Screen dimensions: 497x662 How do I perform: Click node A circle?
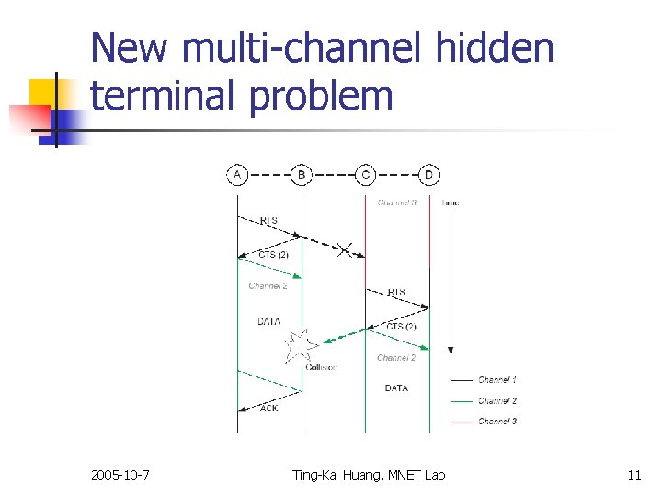point(237,174)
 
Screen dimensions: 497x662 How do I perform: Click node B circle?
point(301,174)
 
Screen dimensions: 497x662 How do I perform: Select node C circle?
point(366,174)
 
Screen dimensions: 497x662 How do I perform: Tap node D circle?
point(429,174)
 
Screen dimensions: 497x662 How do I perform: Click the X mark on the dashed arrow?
point(344,249)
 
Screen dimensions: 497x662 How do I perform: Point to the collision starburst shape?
point(300,346)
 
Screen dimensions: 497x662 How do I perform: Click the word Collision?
point(321,367)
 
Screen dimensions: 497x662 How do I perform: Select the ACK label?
point(268,408)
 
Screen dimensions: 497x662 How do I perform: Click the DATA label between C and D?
point(396,388)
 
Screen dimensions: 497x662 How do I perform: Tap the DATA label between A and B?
point(268,321)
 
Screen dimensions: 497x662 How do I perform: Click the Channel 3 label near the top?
point(397,202)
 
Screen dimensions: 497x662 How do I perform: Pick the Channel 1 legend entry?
point(496,380)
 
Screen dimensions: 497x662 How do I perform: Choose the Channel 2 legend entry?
point(496,400)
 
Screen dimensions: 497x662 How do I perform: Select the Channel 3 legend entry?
point(496,422)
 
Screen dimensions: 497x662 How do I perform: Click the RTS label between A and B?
point(268,220)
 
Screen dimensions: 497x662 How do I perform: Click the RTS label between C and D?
point(396,292)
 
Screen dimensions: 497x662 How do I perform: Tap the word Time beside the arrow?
point(451,202)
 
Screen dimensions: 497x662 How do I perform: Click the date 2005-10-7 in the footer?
point(121,475)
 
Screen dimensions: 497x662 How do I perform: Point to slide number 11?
point(633,475)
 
